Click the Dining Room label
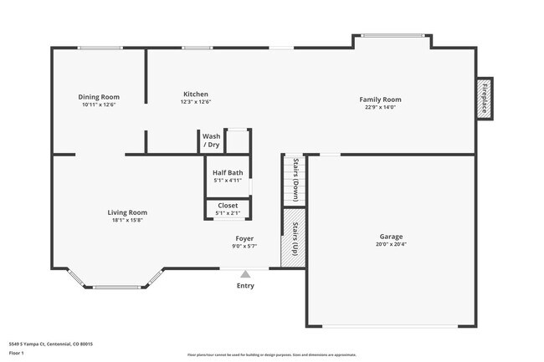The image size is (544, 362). (99, 97)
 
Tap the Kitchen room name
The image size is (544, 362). (196, 94)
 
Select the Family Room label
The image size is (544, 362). (380, 99)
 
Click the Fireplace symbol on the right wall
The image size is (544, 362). (485, 99)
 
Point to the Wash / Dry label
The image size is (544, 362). (211, 140)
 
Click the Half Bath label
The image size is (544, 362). (228, 172)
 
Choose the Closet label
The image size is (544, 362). (228, 205)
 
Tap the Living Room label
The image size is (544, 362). (127, 212)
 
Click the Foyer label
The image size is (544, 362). (244, 238)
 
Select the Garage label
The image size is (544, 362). (391, 237)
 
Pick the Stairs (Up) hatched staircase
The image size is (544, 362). (293, 238)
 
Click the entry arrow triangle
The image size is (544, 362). (245, 273)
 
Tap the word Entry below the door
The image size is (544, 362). (245, 286)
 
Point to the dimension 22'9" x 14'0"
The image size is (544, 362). (380, 107)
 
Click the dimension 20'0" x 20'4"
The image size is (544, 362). (391, 245)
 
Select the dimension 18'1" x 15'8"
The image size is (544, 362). (127, 221)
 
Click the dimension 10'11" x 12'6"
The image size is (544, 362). (99, 105)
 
